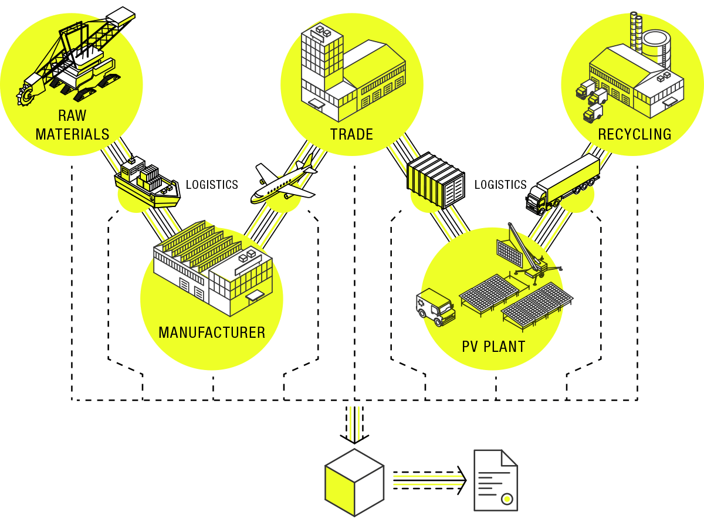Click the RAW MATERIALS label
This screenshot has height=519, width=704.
click(x=72, y=125)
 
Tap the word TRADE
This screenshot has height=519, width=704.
click(x=351, y=134)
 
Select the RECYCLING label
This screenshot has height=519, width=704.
click(x=634, y=134)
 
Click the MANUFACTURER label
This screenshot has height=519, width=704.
click(x=212, y=333)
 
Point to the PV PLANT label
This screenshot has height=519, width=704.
click(x=493, y=346)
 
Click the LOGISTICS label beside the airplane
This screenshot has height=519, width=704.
click(x=212, y=185)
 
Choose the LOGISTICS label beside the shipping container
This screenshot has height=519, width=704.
click(x=500, y=185)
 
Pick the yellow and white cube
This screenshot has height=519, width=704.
click(x=354, y=482)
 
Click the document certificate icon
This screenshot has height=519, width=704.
click(x=496, y=481)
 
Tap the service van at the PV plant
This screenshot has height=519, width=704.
click(x=436, y=306)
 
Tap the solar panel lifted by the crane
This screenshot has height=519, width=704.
click(x=509, y=253)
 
